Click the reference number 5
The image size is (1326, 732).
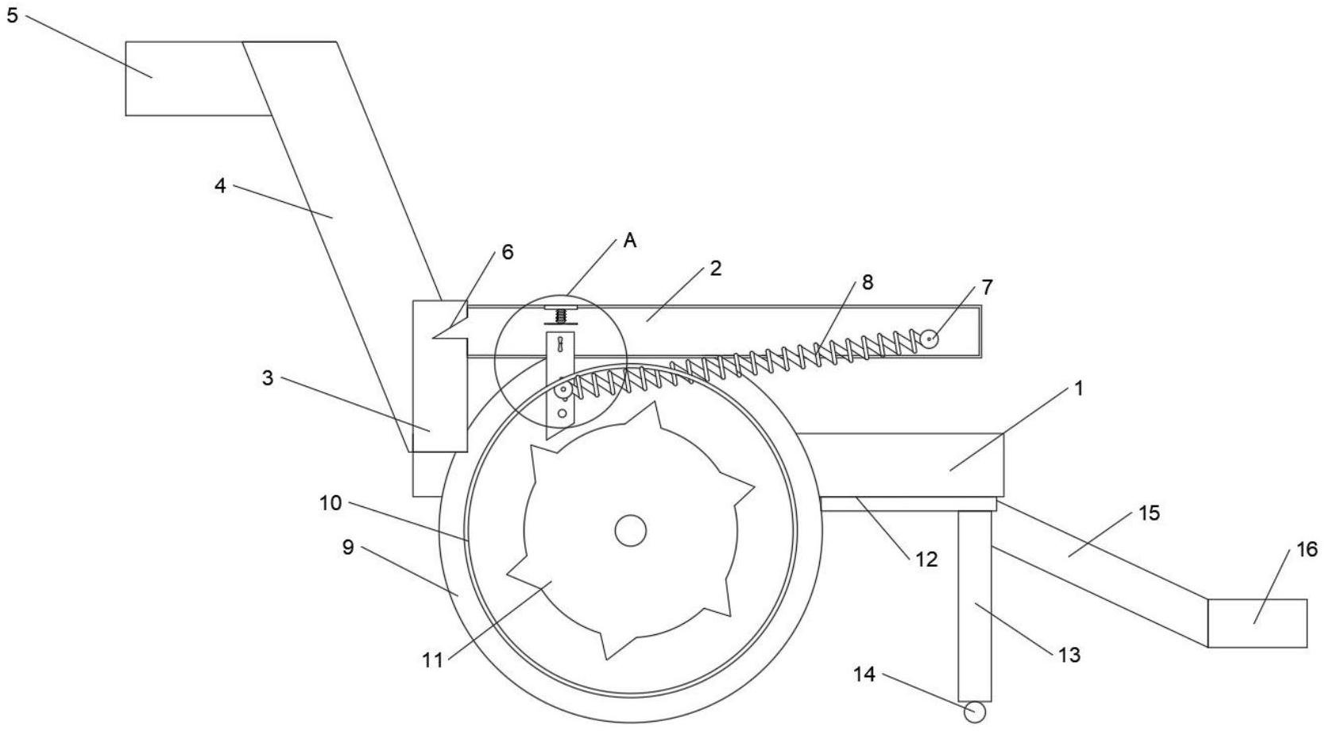13,16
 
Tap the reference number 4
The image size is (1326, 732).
220,186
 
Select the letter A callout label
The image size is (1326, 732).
630,241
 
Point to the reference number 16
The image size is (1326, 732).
1307,549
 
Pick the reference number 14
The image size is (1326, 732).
864,674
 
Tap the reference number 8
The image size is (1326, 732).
868,282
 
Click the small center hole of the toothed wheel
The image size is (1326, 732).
631,530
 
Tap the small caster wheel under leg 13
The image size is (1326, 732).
975,712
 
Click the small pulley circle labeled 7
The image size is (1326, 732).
930,339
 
